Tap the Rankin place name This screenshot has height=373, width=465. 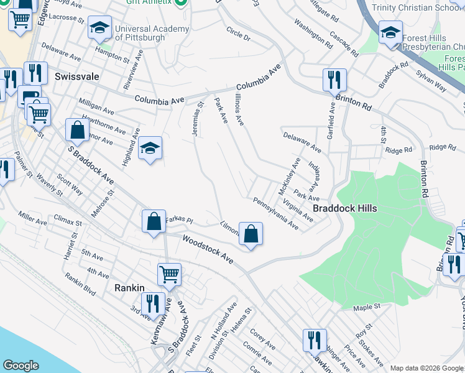coord(129,288)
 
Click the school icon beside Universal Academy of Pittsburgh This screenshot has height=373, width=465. coord(99,29)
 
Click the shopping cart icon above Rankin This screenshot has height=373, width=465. coord(169,274)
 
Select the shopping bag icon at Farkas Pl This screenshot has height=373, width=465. coord(154,221)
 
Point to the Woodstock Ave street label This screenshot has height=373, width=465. coord(208,248)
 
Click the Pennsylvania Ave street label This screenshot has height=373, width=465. coord(275,214)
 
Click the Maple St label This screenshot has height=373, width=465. coord(366,307)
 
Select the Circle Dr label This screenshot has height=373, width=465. coord(238,34)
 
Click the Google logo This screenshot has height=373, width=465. coord(21,366)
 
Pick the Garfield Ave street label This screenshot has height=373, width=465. coord(331,121)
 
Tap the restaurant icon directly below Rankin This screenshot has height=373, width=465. coord(152,303)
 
